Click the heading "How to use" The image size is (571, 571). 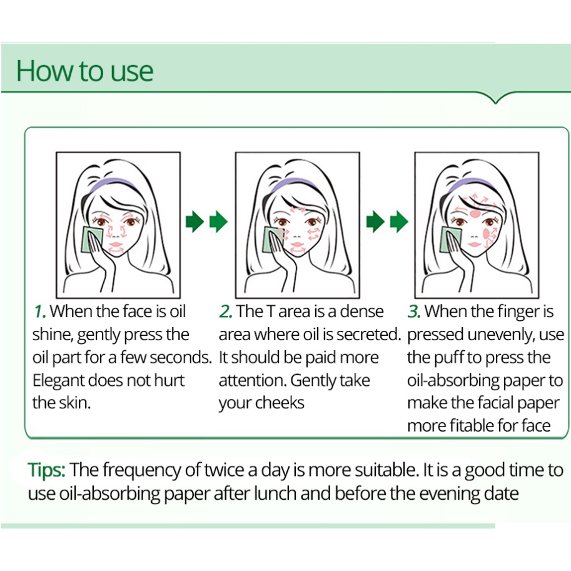click(x=85, y=71)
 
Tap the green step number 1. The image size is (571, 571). click(x=39, y=311)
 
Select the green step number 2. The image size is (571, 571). click(x=226, y=311)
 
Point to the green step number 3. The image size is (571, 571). click(x=414, y=311)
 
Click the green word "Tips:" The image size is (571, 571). click(x=47, y=470)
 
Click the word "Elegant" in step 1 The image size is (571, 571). click(x=58, y=381)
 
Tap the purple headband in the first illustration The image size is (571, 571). click(x=113, y=184)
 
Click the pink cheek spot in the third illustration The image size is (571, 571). click(x=486, y=233)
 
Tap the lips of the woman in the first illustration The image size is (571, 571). click(x=116, y=245)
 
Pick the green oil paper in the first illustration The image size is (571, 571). click(x=89, y=240)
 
